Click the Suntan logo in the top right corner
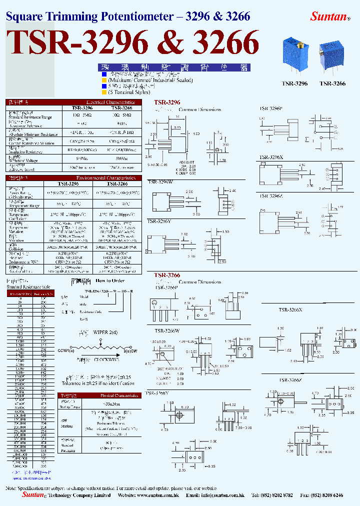coord(329,16)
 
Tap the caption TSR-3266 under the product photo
coord(332,83)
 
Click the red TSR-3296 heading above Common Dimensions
coord(167,102)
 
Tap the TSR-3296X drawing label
coord(270,157)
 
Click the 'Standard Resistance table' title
coord(28,287)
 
